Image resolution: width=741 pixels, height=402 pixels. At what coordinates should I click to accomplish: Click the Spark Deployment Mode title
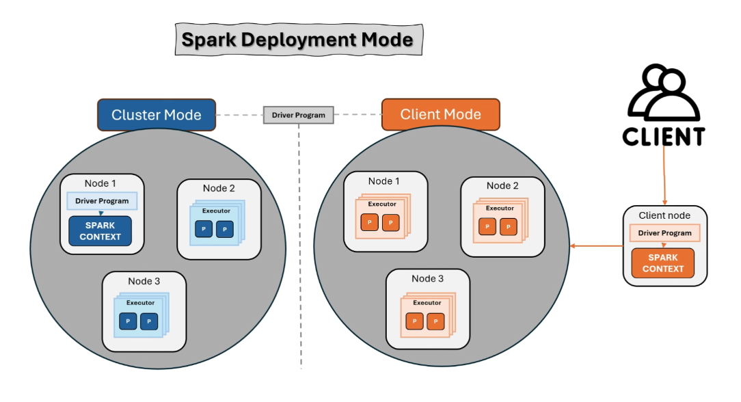click(x=297, y=40)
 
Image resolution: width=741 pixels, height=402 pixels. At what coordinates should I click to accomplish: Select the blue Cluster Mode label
click(x=157, y=114)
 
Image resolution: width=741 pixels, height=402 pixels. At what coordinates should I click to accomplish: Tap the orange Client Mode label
click(x=440, y=114)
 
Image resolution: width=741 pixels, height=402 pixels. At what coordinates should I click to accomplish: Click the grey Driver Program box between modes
click(x=299, y=115)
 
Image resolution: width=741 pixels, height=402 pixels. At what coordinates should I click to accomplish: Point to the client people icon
click(x=662, y=94)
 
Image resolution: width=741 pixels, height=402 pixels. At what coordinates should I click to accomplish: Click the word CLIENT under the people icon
click(x=663, y=137)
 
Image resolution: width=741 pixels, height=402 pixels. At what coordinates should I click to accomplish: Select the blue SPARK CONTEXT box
click(x=100, y=231)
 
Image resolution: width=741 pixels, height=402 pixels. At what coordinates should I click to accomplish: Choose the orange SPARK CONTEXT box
click(x=662, y=263)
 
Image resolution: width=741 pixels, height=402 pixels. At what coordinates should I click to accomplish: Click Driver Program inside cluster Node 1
click(x=102, y=201)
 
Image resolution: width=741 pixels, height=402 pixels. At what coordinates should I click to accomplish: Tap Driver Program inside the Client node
click(x=664, y=233)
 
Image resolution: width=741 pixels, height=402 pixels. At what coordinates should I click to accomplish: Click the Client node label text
click(x=664, y=215)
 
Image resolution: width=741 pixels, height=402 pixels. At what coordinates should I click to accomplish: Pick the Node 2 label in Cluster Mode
click(x=219, y=188)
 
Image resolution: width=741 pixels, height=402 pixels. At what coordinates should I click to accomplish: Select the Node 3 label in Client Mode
click(x=427, y=278)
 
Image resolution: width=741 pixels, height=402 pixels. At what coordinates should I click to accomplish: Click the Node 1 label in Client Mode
click(x=384, y=181)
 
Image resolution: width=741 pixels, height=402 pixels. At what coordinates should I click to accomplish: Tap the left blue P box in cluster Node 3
click(x=128, y=321)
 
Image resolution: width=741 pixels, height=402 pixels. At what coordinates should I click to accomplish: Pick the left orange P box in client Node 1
click(x=370, y=223)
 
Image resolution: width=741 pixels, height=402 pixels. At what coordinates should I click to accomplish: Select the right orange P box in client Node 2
click(x=509, y=227)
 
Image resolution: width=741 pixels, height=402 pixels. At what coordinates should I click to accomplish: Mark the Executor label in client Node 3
click(x=427, y=302)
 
